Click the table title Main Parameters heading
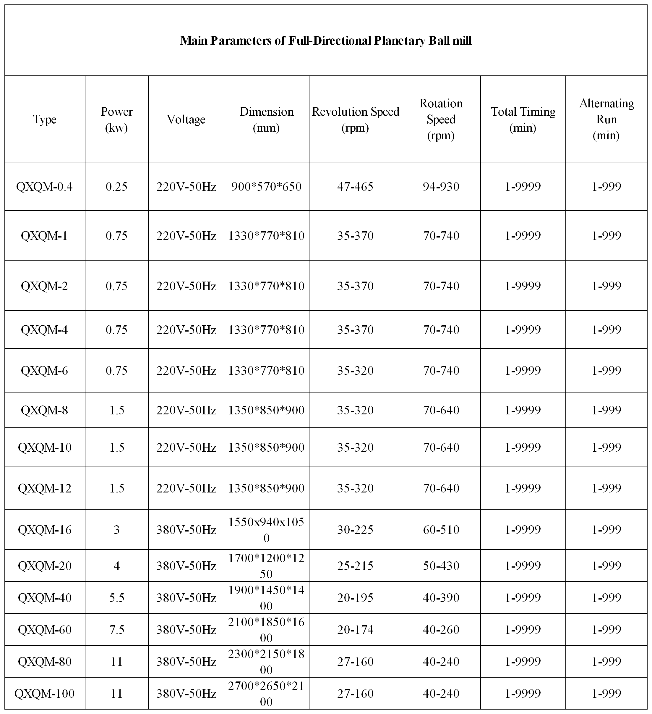[326, 41]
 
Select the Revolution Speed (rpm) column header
[355, 119]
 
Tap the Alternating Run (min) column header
[606, 119]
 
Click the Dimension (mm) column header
[267, 119]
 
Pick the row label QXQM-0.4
[45, 187]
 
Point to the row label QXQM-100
[45, 694]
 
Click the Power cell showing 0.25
[116, 187]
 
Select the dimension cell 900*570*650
[267, 187]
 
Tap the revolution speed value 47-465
[355, 187]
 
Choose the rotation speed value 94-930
[441, 187]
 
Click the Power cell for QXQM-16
[116, 530]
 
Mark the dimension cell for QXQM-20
[267, 566]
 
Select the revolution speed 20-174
[355, 630]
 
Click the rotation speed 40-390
[441, 598]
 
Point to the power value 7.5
[116, 630]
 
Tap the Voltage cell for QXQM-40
[186, 598]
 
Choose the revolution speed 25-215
[355, 566]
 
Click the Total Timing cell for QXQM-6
[523, 371]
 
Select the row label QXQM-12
[45, 488]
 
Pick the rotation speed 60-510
[441, 530]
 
